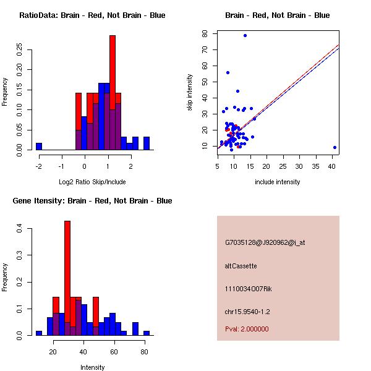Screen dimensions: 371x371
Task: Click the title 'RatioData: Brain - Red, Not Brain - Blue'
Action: [92, 15]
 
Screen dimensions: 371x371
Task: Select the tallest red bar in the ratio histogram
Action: [113, 93]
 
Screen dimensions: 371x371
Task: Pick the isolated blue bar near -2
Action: [39, 147]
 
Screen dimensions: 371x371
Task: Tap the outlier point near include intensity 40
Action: [335, 147]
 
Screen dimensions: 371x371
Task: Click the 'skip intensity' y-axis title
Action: [190, 93]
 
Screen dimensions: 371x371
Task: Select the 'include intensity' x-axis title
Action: [278, 182]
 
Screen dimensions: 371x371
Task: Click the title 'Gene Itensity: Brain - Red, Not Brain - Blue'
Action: [92, 201]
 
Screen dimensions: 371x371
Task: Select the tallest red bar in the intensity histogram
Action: [67, 278]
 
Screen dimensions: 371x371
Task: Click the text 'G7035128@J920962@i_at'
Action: [265, 243]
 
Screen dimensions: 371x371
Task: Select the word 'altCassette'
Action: [241, 266]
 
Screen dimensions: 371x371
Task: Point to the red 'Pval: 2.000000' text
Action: [247, 329]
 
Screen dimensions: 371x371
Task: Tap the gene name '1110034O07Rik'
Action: [249, 289]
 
